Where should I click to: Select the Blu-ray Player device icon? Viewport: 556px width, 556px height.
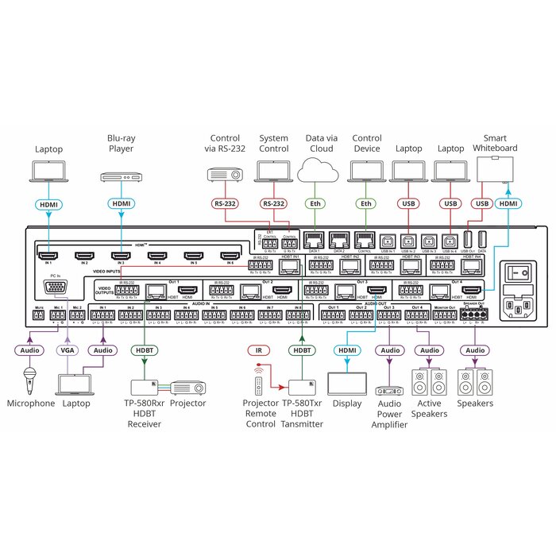(x=121, y=176)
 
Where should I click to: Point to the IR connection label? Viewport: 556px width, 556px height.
(x=257, y=350)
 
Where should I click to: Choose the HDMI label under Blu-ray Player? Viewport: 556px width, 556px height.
(x=121, y=204)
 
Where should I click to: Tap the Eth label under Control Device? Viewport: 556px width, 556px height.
(x=366, y=204)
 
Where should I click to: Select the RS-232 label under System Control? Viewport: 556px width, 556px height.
(x=273, y=204)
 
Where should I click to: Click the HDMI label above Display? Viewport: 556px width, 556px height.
(x=347, y=350)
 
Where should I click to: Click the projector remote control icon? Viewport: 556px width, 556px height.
(x=257, y=384)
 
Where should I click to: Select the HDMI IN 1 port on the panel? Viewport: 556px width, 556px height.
(x=48, y=255)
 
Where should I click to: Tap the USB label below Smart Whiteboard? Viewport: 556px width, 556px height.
(x=482, y=204)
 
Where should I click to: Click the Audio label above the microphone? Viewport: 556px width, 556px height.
(x=30, y=350)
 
